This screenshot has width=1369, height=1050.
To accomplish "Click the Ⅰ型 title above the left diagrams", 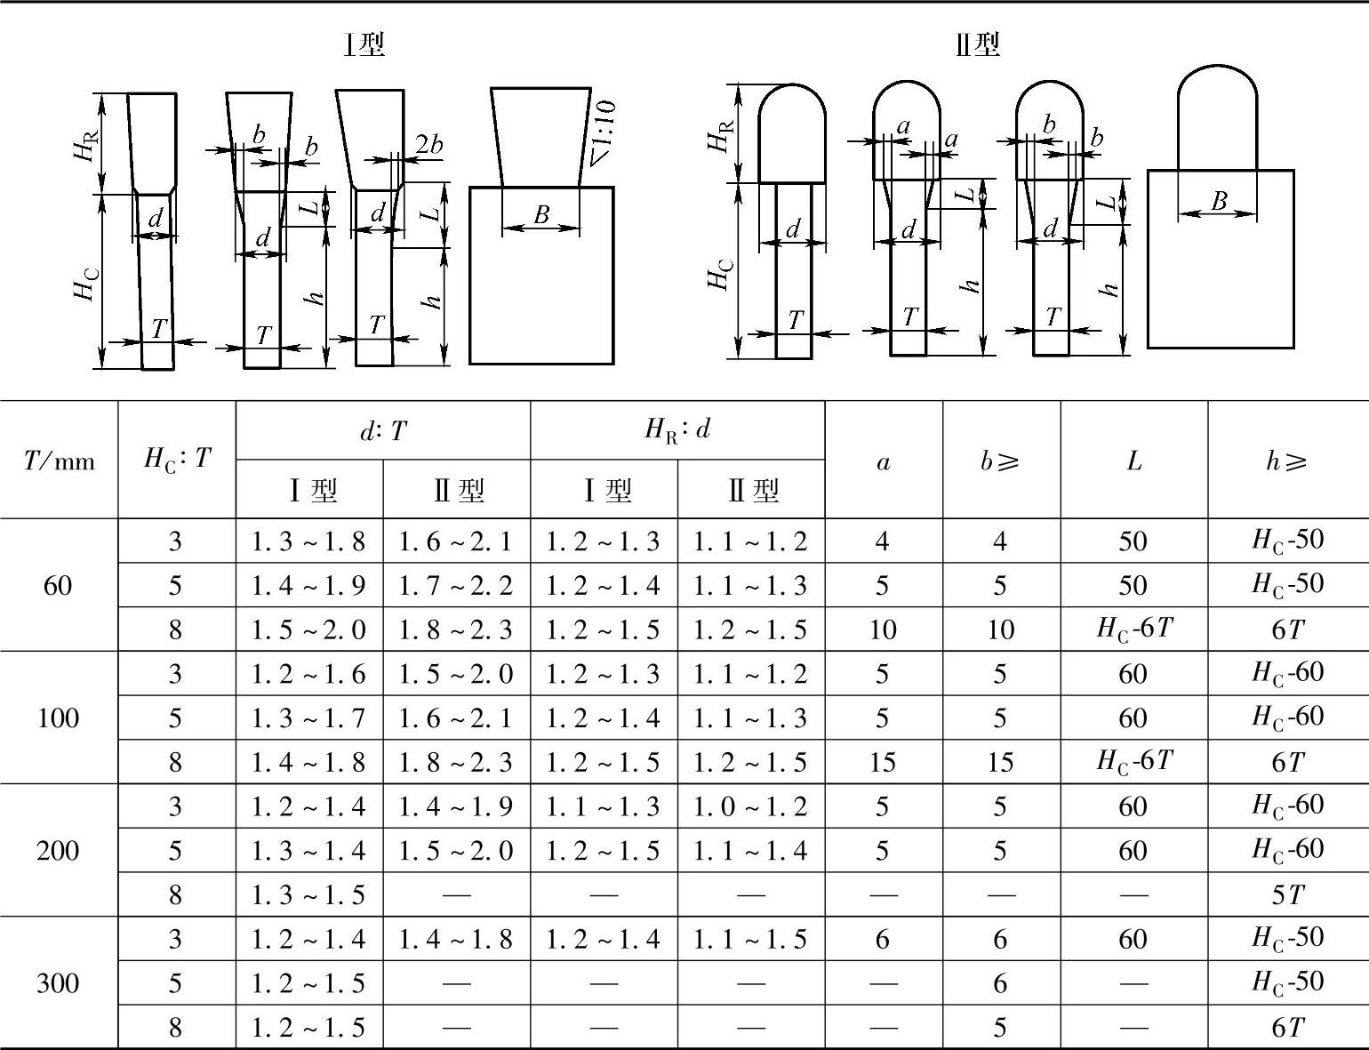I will [x=364, y=44].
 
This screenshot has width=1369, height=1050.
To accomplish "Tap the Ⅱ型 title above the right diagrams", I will [x=978, y=44].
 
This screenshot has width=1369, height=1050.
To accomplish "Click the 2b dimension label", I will [x=429, y=144].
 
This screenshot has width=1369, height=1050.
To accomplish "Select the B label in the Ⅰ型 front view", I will [x=540, y=214].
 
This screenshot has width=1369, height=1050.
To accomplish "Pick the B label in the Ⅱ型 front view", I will [x=1219, y=201].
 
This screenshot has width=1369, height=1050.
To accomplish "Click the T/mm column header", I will [x=59, y=460].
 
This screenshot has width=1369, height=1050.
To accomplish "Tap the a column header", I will [x=883, y=461].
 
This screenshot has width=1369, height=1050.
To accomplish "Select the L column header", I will [x=1133, y=461].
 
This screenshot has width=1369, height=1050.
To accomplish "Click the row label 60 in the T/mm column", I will [x=58, y=585].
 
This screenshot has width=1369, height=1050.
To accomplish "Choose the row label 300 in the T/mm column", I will [x=58, y=983].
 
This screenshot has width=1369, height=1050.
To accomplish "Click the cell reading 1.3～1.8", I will [x=308, y=541].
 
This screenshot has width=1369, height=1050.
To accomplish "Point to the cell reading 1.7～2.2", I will [x=456, y=586].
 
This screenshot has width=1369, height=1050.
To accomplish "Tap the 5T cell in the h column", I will [x=1287, y=895].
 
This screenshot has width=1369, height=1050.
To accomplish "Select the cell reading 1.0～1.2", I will [x=750, y=806].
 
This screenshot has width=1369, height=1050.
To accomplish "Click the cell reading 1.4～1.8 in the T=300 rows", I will [x=456, y=939].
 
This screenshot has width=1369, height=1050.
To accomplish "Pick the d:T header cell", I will [x=382, y=431].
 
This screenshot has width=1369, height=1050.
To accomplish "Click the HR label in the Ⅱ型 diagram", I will [x=722, y=133].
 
